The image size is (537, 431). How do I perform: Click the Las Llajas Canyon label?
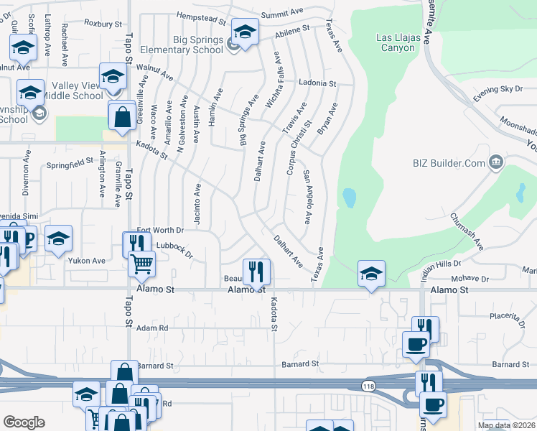click(396, 42)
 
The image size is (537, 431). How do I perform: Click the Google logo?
click(24, 422)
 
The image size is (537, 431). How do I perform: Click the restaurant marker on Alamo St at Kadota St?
click(256, 272)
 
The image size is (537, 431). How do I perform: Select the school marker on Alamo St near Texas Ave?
click(370, 273)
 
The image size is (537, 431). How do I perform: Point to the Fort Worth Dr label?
click(160, 231)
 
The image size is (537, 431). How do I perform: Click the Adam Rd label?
click(151, 328)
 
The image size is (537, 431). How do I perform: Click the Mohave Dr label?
click(471, 278)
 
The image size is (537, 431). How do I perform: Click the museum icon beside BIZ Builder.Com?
click(495, 163)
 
